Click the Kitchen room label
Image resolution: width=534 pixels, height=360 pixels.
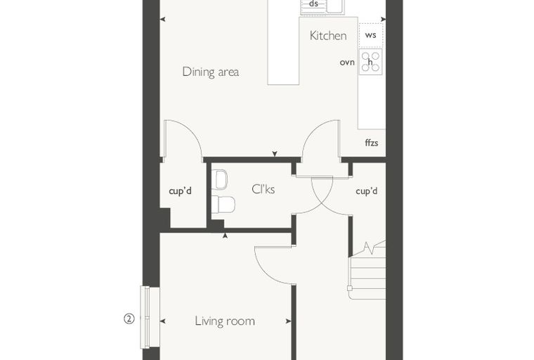coord(328,35)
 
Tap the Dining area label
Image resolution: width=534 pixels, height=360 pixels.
coord(211,72)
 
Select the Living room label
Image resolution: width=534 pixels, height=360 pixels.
coord(225,321)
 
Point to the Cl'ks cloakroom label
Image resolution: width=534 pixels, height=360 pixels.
coord(263,189)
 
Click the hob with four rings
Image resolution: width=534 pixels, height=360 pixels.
coord(370,62)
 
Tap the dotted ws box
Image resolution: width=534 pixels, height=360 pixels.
coord(370,35)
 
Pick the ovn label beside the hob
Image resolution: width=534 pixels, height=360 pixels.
coord(347,63)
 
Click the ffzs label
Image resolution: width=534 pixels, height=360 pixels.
coord(372,143)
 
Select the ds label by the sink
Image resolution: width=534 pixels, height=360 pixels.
coord(313,4)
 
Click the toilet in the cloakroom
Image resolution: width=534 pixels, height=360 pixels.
coord(223,204)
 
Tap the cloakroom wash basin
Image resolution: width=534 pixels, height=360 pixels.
coord(219,179)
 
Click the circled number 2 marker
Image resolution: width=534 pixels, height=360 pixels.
coord(129,319)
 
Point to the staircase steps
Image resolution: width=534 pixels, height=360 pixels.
coord(367,269)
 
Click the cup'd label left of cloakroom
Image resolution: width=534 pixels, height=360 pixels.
coord(180,191)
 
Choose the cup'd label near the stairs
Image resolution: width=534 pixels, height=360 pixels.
coord(367,191)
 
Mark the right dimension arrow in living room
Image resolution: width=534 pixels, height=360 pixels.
coord(289,321)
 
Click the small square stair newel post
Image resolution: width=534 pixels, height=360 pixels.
coord(350,288)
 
